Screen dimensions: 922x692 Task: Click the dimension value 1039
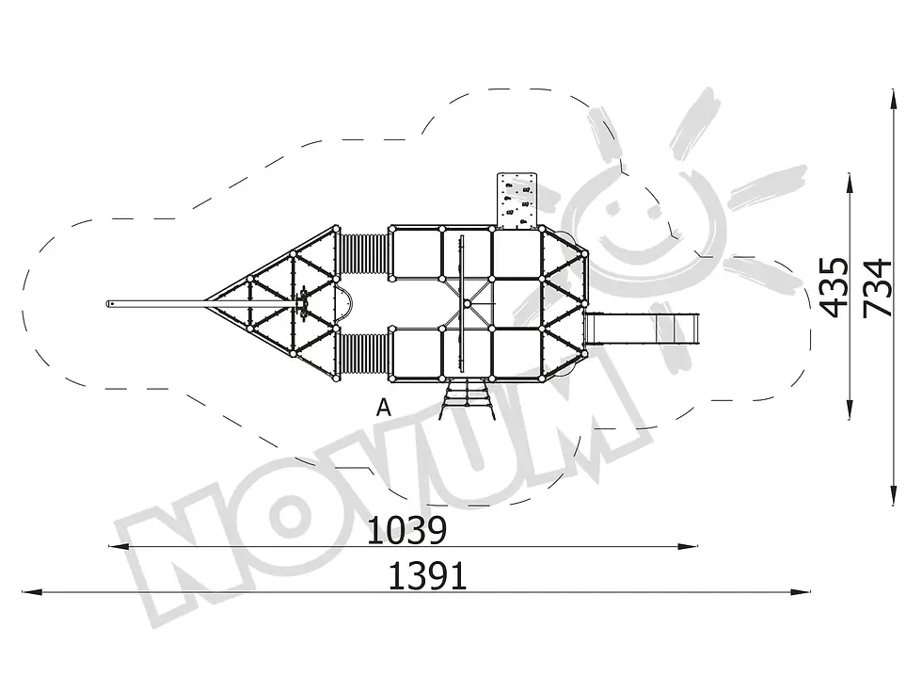click(406, 530)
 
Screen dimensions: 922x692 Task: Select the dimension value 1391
click(428, 576)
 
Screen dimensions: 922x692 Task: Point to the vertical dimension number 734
click(877, 288)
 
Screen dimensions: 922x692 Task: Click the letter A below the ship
click(384, 407)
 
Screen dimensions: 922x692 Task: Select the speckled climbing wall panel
click(517, 200)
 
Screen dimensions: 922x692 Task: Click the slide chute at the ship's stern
click(643, 330)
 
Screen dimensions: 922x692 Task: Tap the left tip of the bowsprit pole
click(107, 303)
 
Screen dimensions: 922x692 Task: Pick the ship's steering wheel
click(303, 303)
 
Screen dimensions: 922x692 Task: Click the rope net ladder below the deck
click(468, 399)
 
